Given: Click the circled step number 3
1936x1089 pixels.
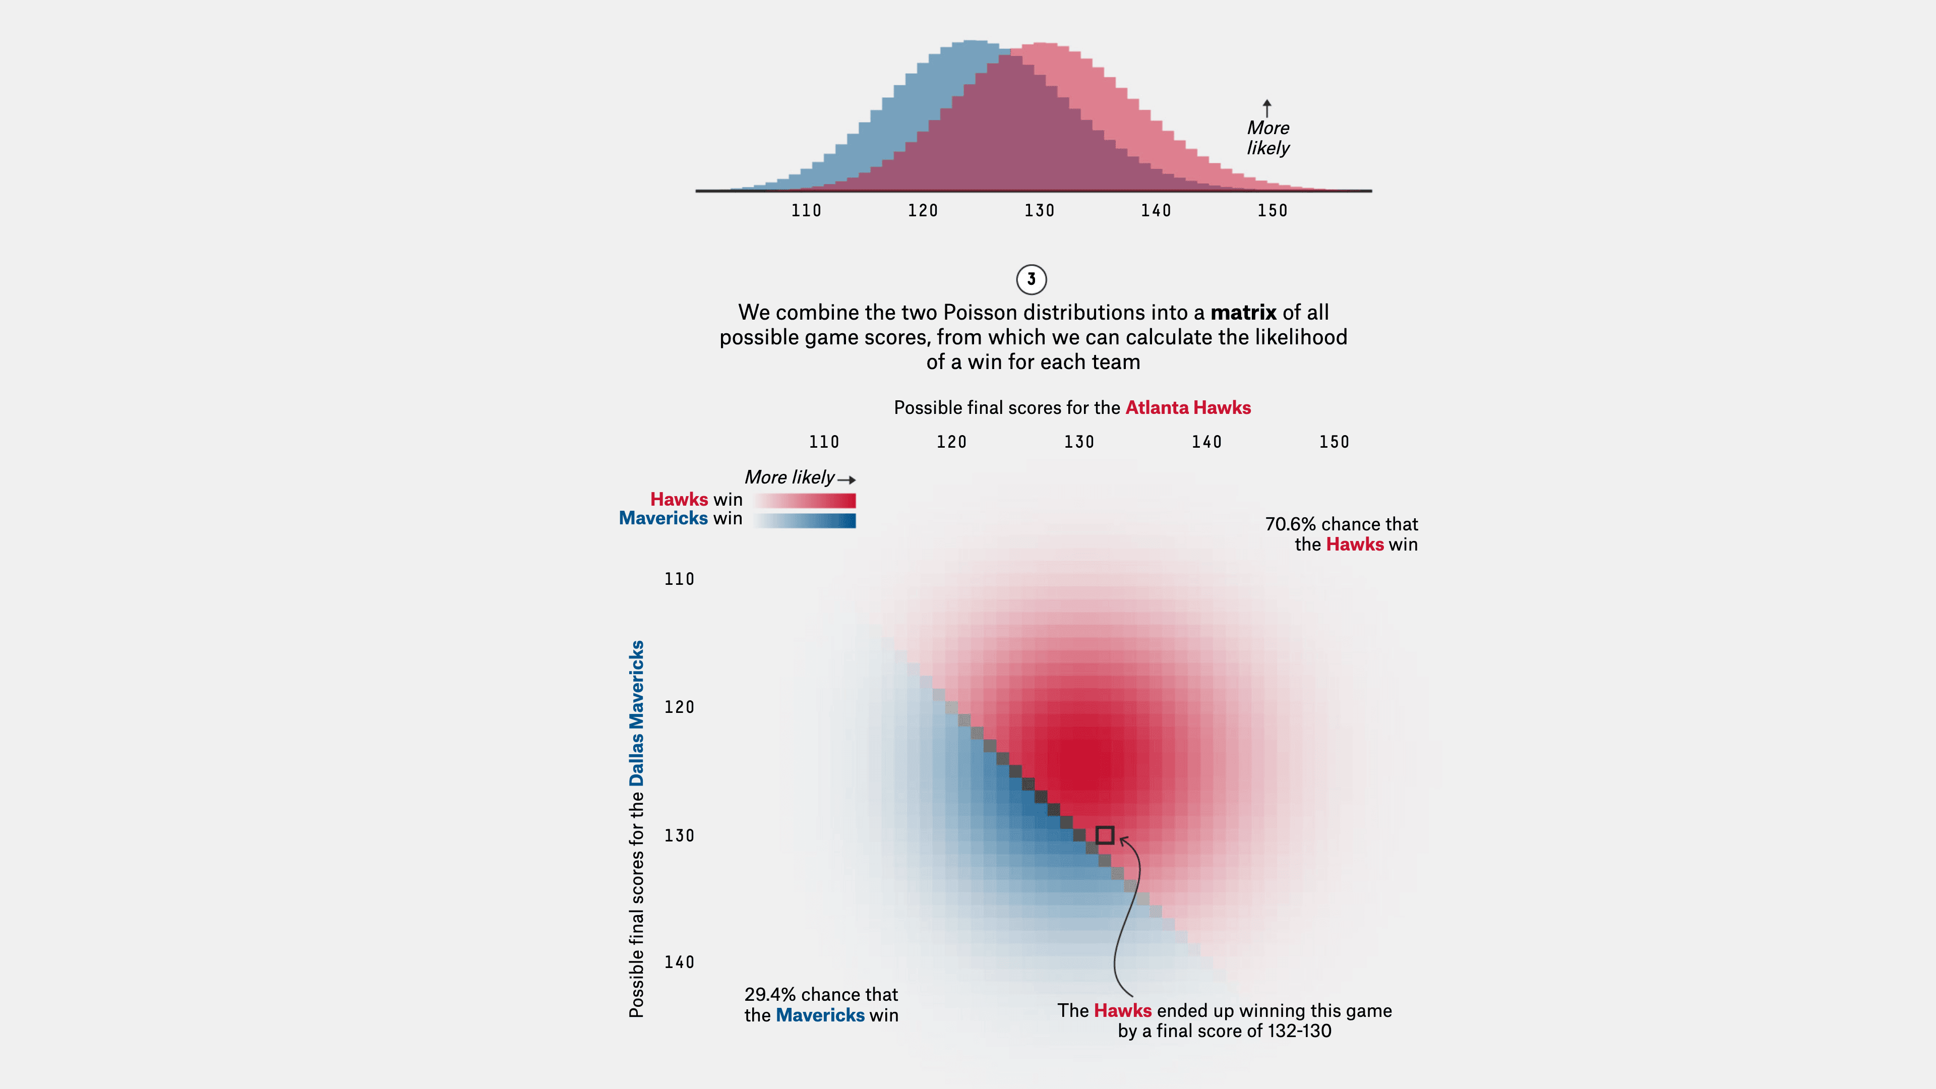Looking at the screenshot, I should (1031, 280).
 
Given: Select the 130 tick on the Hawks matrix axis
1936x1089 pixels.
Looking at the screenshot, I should (1079, 443).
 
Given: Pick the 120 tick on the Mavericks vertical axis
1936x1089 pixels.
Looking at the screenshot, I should (680, 707).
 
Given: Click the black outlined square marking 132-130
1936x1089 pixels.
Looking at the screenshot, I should (1105, 835).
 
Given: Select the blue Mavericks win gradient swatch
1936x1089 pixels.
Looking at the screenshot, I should (804, 520).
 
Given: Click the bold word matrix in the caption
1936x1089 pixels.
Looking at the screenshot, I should (1243, 313).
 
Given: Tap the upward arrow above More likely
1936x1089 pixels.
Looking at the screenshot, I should (1267, 107).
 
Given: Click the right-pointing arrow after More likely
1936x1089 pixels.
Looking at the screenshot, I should (847, 479).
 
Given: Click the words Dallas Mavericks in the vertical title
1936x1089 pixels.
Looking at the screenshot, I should (637, 713).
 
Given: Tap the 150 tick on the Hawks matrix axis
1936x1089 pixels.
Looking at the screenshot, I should (1334, 443).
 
